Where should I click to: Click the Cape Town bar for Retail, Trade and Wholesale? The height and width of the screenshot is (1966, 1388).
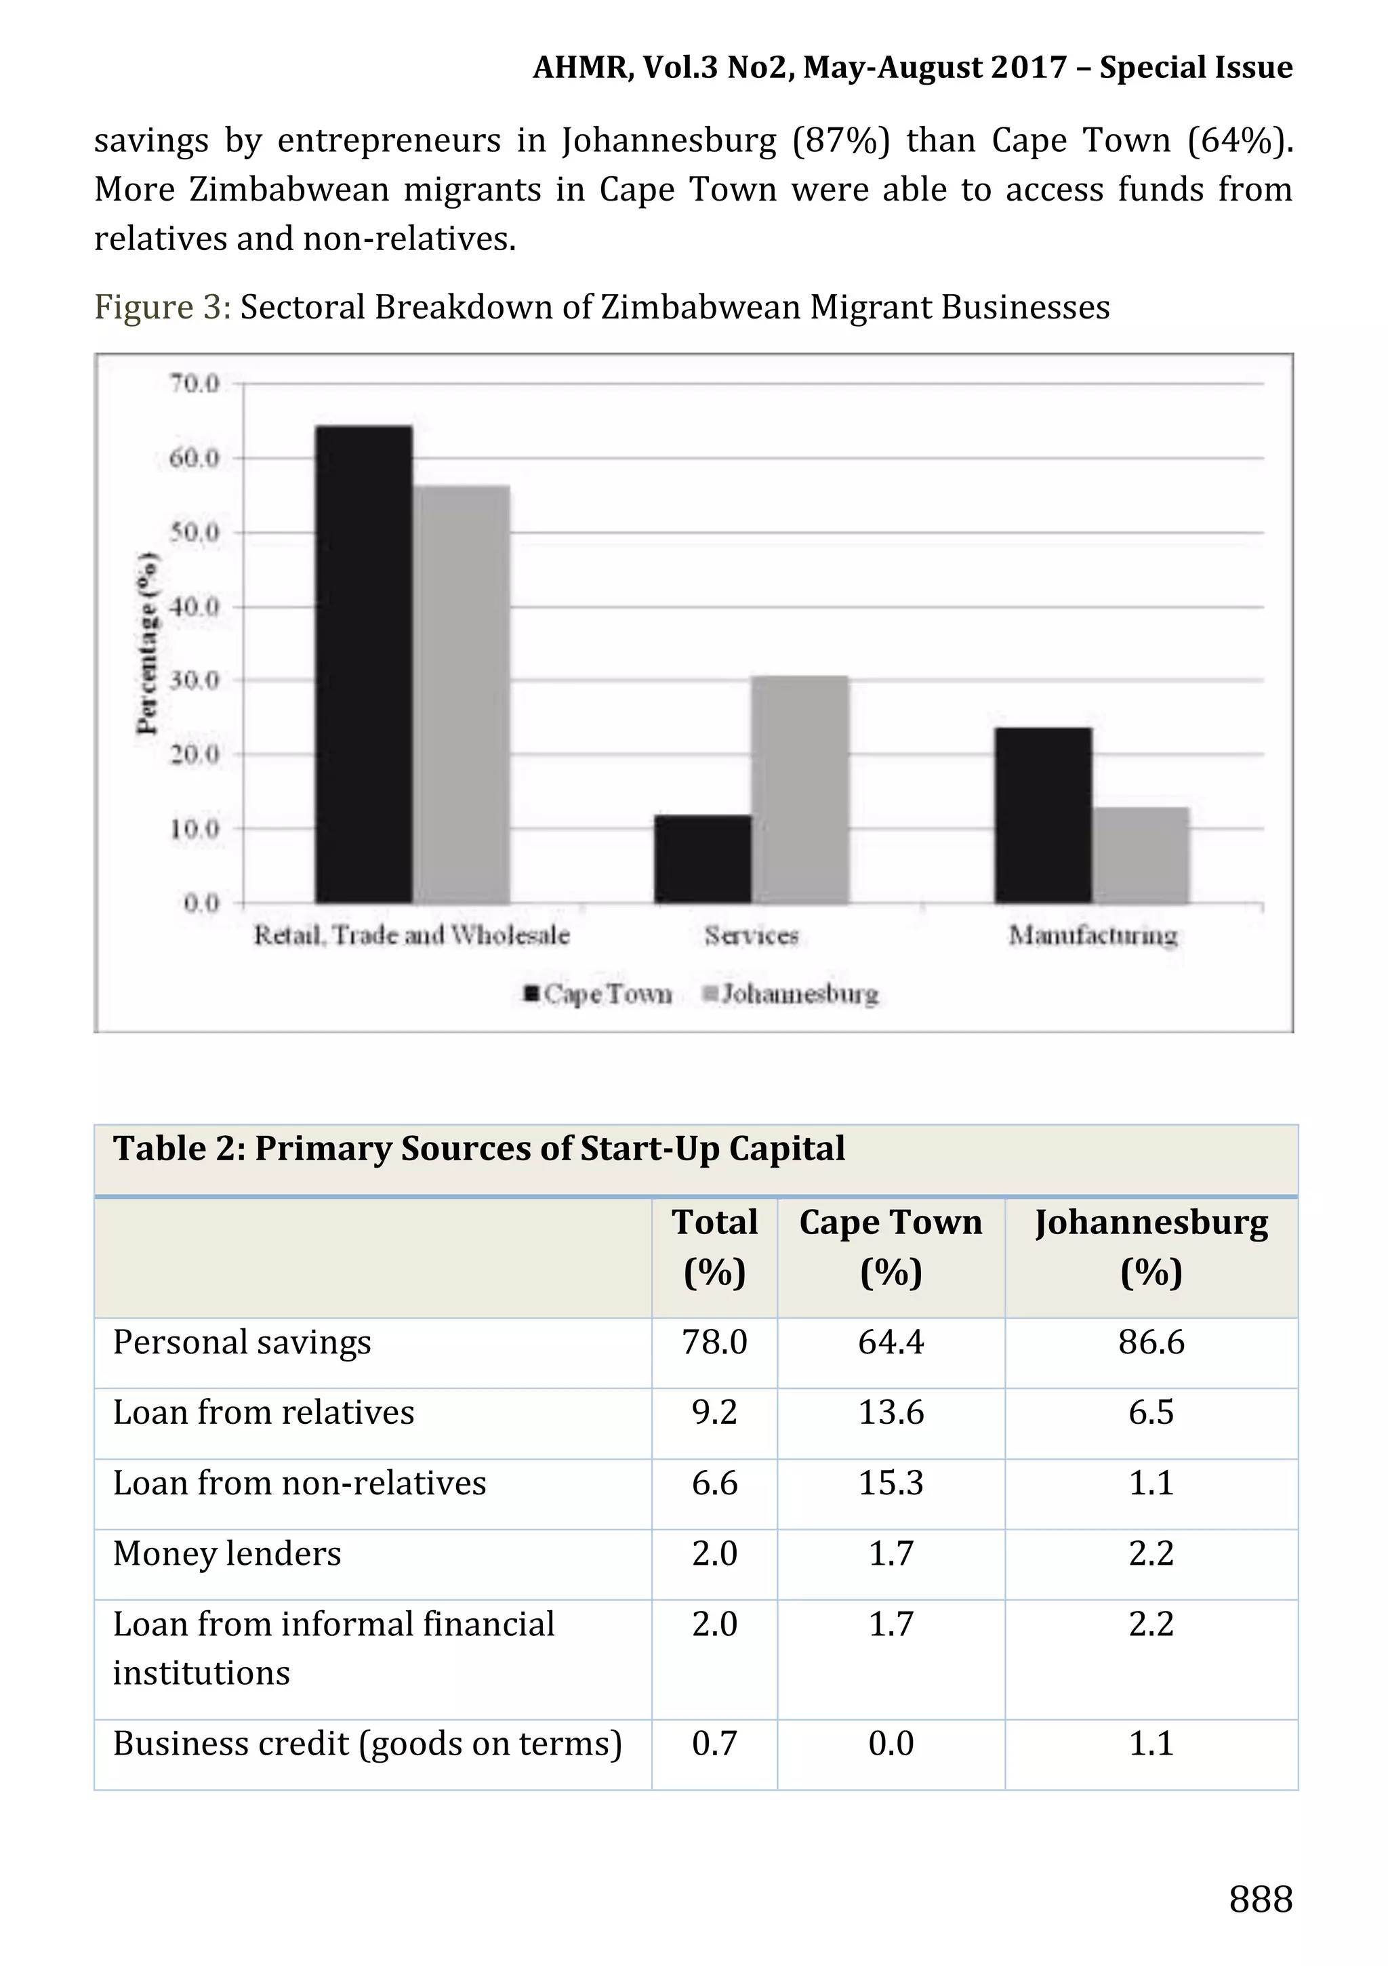pyautogui.click(x=363, y=663)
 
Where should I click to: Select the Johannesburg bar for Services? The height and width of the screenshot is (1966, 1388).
pyautogui.click(x=800, y=789)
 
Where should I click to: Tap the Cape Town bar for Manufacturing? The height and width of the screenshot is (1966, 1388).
pyautogui.click(x=1042, y=815)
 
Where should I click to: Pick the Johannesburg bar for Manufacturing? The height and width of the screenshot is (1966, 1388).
pyautogui.click(x=1141, y=855)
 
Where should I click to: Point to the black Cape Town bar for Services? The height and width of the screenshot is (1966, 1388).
pyautogui.click(x=702, y=859)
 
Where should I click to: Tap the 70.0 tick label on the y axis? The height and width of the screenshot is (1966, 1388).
pyautogui.click(x=195, y=384)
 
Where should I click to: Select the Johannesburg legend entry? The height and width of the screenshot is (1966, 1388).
pyautogui.click(x=790, y=994)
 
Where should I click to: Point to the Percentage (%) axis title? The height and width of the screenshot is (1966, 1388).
pyautogui.click(x=147, y=642)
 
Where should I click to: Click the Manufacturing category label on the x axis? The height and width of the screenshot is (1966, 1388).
pyautogui.click(x=1093, y=935)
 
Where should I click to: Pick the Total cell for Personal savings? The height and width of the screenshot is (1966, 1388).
pyautogui.click(x=714, y=1343)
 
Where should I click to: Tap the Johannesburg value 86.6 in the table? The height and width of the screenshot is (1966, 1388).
pyautogui.click(x=1151, y=1343)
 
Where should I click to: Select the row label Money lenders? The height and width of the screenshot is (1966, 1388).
pyautogui.click(x=227, y=1554)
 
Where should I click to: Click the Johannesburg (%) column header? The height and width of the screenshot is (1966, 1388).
pyautogui.click(x=1151, y=1247)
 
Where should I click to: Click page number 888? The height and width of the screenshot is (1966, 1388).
pyautogui.click(x=1259, y=1899)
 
